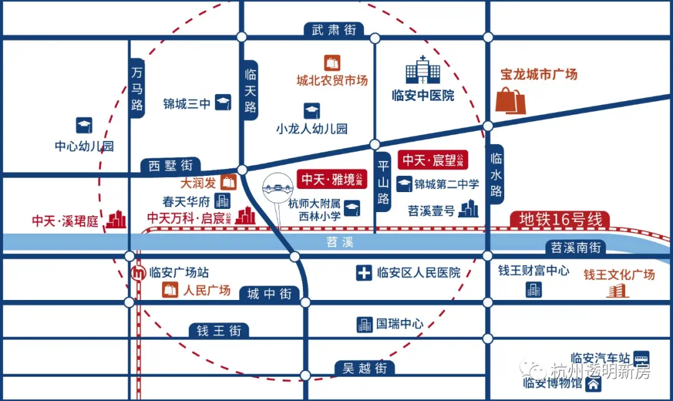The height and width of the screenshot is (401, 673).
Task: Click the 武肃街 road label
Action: (334, 30)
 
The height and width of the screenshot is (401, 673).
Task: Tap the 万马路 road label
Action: (137, 88)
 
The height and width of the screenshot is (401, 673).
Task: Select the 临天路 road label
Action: (251, 90)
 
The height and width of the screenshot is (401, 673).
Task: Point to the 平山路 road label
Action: (383, 181)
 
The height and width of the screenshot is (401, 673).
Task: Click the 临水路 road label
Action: (496, 175)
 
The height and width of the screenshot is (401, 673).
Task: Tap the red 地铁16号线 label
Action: (560, 220)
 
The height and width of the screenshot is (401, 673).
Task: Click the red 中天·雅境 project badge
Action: (332, 179)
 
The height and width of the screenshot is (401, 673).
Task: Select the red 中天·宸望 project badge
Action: (432, 160)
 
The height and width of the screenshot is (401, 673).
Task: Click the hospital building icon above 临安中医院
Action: (422, 70)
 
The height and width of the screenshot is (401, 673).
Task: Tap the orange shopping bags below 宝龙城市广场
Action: (511, 100)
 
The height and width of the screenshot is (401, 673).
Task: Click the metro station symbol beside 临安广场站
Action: (138, 273)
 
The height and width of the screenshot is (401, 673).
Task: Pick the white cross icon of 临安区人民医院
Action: (364, 273)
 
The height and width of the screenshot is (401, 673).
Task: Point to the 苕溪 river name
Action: (340, 242)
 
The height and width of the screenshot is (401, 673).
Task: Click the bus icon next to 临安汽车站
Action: (642, 358)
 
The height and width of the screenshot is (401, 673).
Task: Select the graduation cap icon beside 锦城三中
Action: (223, 102)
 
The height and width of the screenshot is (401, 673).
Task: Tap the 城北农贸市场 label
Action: (332, 80)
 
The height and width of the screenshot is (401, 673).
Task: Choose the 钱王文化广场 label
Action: (619, 275)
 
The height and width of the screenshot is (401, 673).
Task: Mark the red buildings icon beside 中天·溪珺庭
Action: (117, 219)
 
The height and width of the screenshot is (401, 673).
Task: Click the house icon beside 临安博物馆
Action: (594, 384)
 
